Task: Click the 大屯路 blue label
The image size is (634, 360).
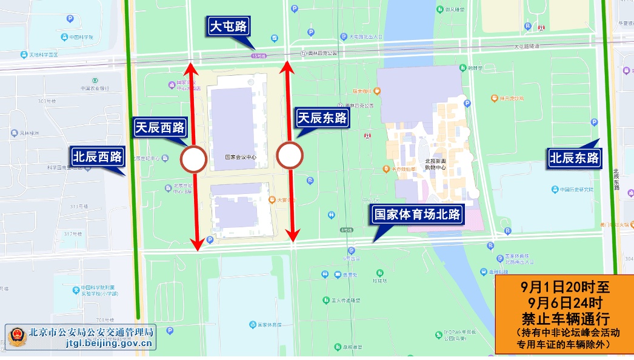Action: (x=229, y=27)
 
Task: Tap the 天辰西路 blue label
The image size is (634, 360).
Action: (x=160, y=128)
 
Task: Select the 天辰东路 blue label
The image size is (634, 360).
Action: (x=322, y=118)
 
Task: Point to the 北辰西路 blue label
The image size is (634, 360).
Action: (x=98, y=157)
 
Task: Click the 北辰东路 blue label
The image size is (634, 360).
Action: (x=574, y=158)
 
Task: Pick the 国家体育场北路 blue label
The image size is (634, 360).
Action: (x=417, y=215)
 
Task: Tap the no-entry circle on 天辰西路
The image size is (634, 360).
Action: (x=194, y=159)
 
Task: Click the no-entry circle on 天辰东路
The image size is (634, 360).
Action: (x=290, y=155)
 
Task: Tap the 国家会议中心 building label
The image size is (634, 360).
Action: (x=241, y=156)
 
